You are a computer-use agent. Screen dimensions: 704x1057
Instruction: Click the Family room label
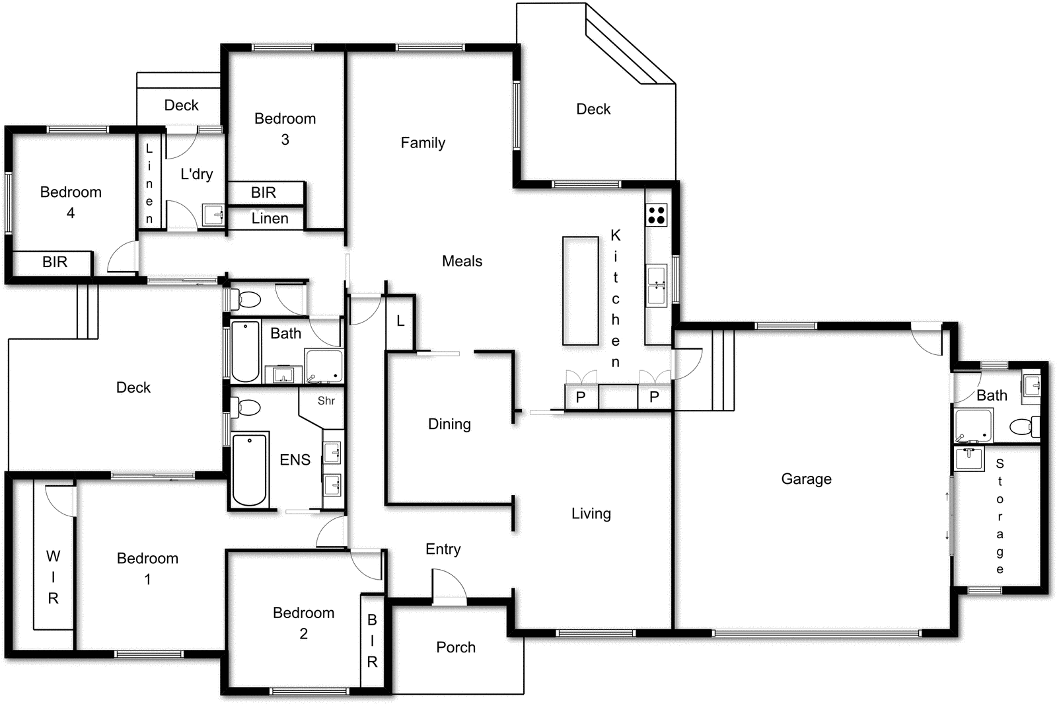pos(423,143)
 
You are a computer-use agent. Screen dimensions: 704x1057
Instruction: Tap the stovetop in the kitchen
pos(656,215)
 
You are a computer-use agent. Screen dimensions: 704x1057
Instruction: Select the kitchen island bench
pos(580,290)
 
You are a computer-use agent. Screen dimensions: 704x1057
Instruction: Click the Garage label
pos(806,479)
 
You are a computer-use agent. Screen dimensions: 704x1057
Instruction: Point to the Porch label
pos(456,647)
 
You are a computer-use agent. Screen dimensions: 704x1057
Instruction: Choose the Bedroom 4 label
pos(71,202)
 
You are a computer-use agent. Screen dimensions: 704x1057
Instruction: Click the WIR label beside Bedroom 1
pos(53,577)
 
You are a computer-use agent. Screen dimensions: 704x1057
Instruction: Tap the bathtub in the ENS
pos(250,469)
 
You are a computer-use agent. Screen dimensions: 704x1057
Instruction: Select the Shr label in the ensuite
pos(326,401)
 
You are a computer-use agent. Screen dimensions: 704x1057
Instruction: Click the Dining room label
pos(449,424)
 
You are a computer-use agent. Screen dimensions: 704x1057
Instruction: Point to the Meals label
pos(462,261)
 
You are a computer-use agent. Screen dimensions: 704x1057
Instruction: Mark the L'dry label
pos(197,175)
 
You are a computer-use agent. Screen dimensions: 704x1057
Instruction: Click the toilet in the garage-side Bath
pos(1023,426)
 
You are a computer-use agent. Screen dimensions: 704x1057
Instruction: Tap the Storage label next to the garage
pos(1000,516)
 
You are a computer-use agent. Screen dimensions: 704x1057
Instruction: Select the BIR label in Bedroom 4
pos(55,262)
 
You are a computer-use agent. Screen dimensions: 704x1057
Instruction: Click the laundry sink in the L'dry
pos(213,215)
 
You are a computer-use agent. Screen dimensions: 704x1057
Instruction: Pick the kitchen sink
pos(657,286)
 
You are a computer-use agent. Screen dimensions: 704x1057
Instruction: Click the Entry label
pos(443,549)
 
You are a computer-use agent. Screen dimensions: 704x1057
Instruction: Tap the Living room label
pos(591,514)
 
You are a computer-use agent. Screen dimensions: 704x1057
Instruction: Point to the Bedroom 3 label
pos(285,129)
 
